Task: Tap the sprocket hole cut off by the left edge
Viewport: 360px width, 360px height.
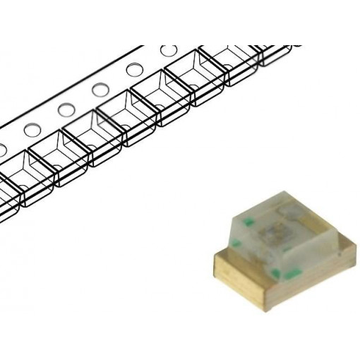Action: [x=2, y=150]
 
